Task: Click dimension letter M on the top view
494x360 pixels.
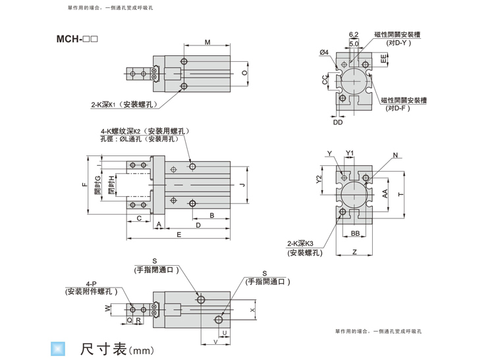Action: (x=207, y=43)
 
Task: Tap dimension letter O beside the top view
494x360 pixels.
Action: (x=244, y=73)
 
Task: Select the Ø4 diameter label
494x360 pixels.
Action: (x=324, y=52)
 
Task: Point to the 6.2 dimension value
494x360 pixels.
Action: (x=353, y=34)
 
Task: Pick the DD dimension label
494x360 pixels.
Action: (x=338, y=122)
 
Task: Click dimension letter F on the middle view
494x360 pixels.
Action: (x=84, y=186)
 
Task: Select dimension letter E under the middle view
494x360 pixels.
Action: (x=178, y=234)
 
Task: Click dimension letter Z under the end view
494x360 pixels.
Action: (x=354, y=251)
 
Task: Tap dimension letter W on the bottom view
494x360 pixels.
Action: (x=107, y=308)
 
